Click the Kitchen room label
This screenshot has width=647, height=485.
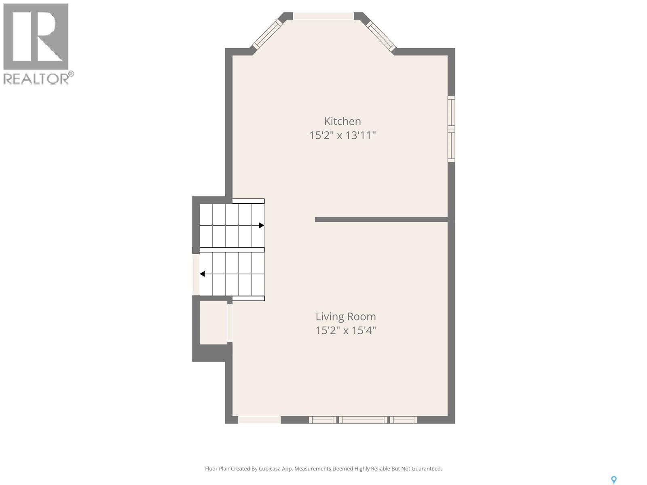click(x=342, y=121)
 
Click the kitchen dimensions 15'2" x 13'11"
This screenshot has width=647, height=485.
click(x=343, y=135)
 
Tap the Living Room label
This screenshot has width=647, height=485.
click(x=345, y=316)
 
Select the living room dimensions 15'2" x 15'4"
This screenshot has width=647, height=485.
click(x=345, y=331)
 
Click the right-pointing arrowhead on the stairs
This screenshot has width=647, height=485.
click(x=262, y=226)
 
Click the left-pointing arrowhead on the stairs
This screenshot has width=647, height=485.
click(x=202, y=274)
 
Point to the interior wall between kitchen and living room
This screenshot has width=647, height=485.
click(x=381, y=219)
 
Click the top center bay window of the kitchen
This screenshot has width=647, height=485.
click(x=323, y=16)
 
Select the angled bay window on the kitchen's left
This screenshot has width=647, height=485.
click(x=267, y=35)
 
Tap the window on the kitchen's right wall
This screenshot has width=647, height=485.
click(x=451, y=129)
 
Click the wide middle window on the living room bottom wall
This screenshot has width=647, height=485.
click(x=362, y=420)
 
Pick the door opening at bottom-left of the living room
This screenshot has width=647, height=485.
click(x=259, y=420)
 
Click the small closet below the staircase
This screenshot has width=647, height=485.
click(x=214, y=323)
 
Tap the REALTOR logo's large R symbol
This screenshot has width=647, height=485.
click(x=36, y=37)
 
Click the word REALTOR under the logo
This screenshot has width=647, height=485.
click(x=36, y=78)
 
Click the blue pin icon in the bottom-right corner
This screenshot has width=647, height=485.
click(x=613, y=480)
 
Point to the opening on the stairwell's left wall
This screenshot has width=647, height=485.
click(x=196, y=274)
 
